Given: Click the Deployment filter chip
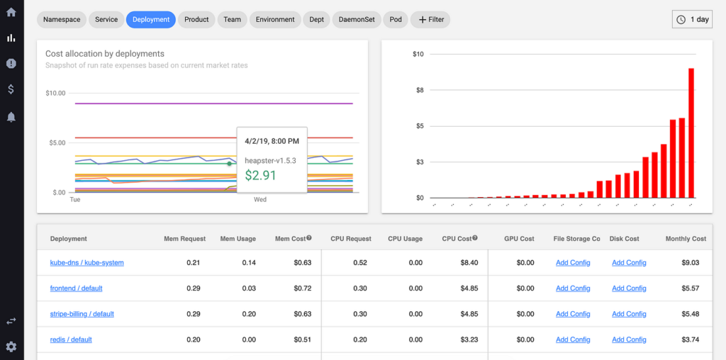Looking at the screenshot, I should (150, 20).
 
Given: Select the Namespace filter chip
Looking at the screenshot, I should (61, 20).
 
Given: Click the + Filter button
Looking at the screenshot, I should (430, 20).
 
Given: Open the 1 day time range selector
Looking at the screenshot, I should (692, 20).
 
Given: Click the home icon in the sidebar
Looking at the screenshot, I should (11, 12).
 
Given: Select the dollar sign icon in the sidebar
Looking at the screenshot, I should (11, 89).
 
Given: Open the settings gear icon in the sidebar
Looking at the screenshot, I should (11, 347).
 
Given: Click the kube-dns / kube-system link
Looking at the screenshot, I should (86, 263).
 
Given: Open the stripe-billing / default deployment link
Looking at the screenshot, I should (82, 314).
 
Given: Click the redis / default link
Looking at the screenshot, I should (71, 339).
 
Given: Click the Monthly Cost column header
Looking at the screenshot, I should (686, 239).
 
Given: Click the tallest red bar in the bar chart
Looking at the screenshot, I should (691, 133).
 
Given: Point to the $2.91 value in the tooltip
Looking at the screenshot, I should (260, 175).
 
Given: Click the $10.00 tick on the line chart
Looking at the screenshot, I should (55, 93).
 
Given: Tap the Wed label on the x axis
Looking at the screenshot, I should (260, 200).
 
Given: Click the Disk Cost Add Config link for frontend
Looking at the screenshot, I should (629, 288).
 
